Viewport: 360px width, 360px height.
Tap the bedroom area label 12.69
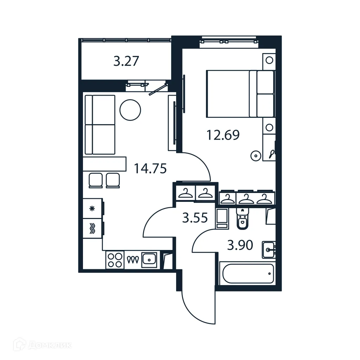(223, 135)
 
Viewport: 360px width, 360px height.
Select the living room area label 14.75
(150, 169)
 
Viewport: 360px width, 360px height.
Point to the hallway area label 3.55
(194, 218)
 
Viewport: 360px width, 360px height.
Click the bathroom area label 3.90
(240, 245)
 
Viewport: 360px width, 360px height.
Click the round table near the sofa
(130, 110)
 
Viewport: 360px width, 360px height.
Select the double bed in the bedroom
(240, 94)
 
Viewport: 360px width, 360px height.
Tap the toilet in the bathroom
(242, 219)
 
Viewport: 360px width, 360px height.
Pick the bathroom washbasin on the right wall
(269, 250)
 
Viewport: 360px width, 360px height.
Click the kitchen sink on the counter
(149, 260)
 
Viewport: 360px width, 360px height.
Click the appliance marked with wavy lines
(92, 229)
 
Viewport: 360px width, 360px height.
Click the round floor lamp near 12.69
(256, 155)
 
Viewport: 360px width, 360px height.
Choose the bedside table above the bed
(269, 60)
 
